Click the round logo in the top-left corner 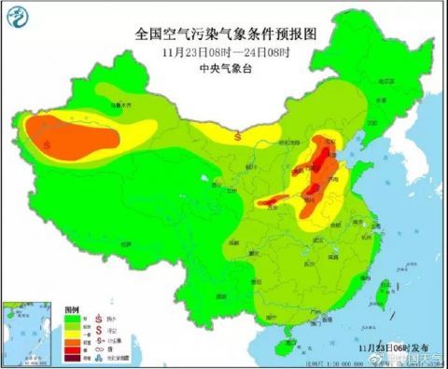click(x=20, y=16)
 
